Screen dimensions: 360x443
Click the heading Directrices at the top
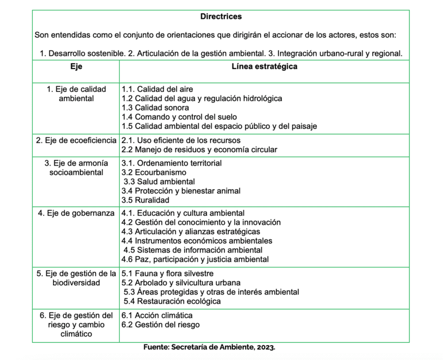point(221,17)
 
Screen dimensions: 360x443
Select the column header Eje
point(76,67)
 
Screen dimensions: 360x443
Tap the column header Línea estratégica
point(264,67)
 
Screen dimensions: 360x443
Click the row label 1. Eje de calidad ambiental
point(76,94)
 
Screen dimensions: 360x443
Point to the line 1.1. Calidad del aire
point(157,89)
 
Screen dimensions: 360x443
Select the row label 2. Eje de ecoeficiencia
point(76,140)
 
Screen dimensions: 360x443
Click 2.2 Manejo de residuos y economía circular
point(199,150)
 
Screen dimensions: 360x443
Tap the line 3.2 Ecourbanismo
point(154,173)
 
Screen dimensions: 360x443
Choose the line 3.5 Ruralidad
point(145,200)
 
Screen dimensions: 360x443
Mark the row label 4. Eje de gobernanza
point(76,213)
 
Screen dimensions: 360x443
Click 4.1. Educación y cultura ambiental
point(182,213)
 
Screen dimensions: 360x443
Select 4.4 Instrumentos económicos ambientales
point(197,241)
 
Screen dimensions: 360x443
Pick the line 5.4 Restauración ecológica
point(172,301)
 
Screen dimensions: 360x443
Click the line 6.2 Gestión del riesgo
point(161,325)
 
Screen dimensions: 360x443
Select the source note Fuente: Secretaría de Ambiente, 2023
point(209,348)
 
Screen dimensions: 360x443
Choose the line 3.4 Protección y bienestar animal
point(181,191)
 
